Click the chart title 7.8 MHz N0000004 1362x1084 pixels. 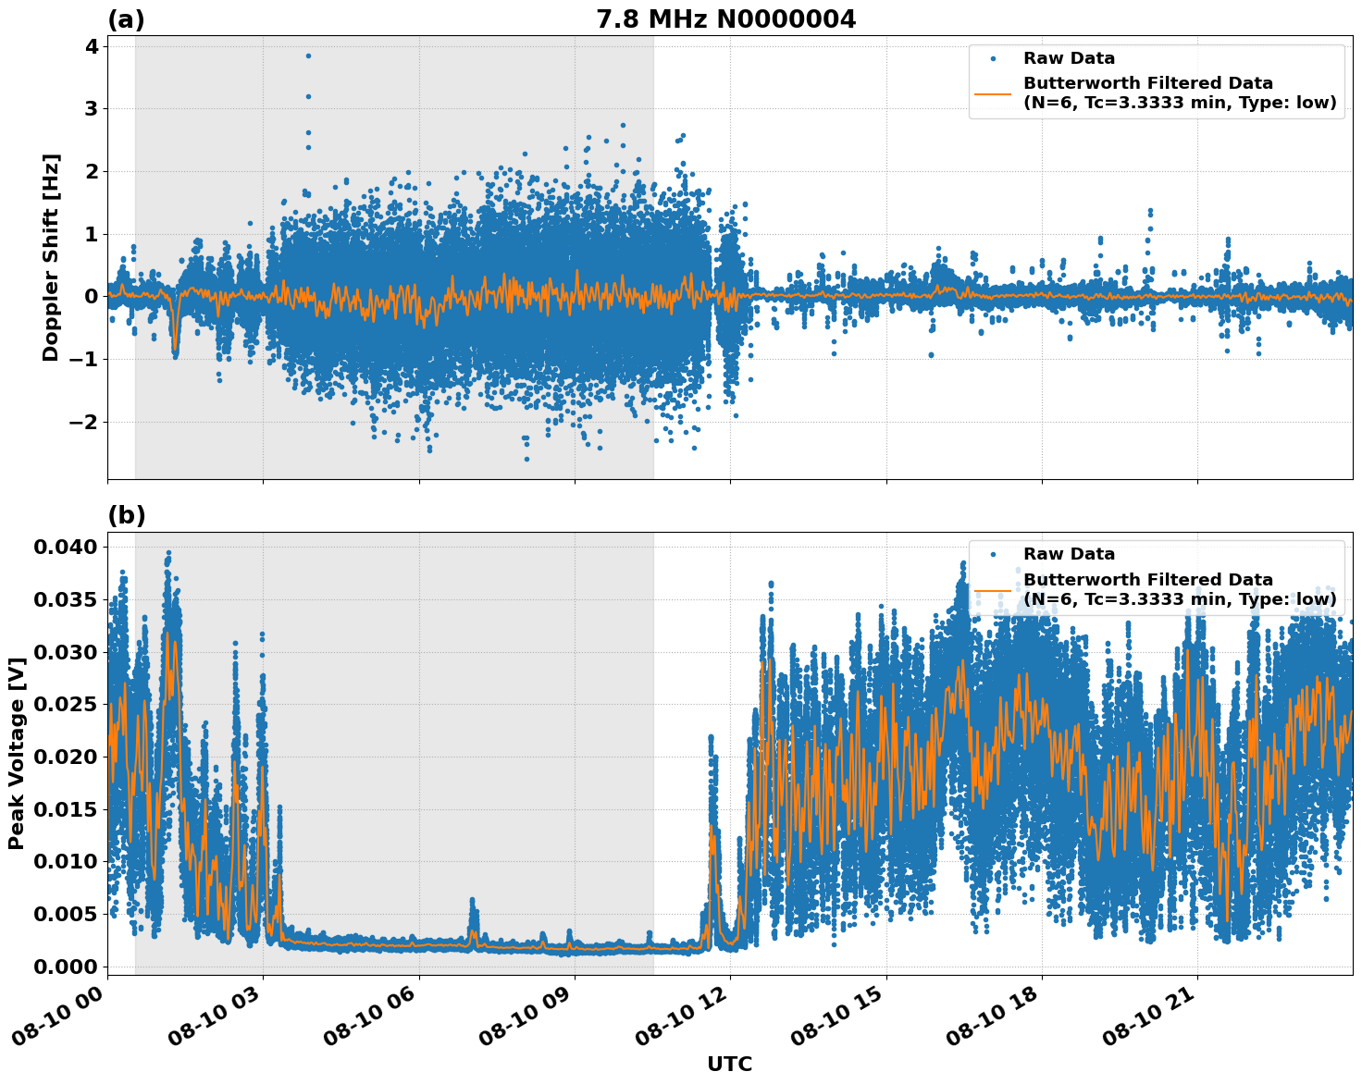726,19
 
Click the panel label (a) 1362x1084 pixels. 126,19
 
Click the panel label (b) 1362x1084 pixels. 126,516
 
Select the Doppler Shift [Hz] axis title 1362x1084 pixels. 51,257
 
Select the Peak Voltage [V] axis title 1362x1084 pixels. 17,754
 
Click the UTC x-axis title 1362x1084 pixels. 729,1064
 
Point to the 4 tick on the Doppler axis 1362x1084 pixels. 92,46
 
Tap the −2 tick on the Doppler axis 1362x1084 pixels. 85,422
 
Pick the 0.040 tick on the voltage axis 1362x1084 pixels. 65,548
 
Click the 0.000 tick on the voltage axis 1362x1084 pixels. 65,967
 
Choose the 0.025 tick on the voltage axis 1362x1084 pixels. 65,705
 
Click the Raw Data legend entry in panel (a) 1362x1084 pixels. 1069,58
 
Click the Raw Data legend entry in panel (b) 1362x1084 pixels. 1069,554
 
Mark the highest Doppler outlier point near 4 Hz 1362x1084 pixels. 308,55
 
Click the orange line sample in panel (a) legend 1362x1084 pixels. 994,92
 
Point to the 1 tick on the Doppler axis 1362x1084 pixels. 92,234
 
